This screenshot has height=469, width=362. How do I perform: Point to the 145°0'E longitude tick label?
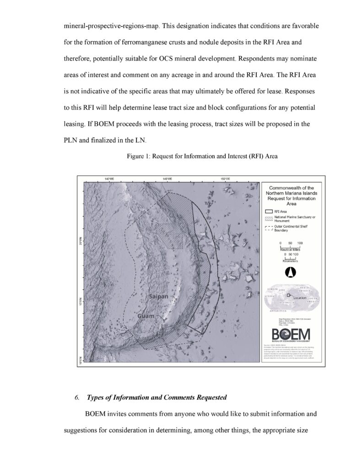pos(167,179)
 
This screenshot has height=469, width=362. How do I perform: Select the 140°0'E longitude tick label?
pos(109,179)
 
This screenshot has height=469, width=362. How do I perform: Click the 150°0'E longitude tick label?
pos(225,179)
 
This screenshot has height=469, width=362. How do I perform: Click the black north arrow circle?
pos(289,272)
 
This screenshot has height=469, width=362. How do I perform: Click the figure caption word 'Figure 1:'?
pos(137,156)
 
